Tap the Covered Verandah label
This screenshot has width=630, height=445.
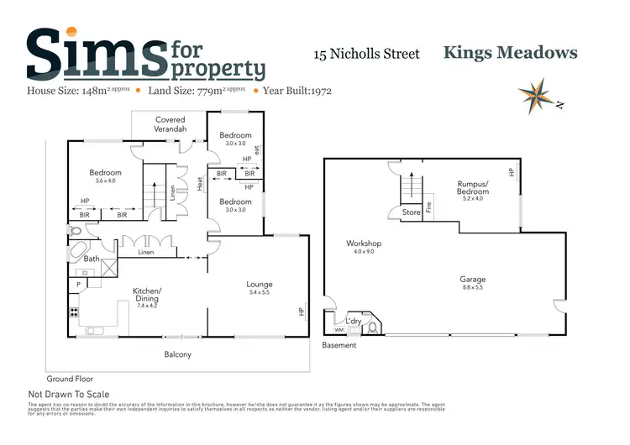tap(171, 125)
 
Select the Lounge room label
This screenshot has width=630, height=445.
tap(259, 285)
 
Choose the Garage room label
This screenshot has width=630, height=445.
tap(472, 280)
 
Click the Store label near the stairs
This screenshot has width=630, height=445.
tap(411, 213)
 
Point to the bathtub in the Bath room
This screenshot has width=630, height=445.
tap(78, 252)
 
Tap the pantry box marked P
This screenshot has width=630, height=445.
tap(79, 285)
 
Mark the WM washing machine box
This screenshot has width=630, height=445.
tap(339, 330)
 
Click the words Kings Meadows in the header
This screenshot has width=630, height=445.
tap(510, 53)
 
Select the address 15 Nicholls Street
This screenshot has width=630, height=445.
tap(366, 55)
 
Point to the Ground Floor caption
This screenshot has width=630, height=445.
tap(70, 379)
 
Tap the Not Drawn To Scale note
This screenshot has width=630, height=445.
tap(69, 394)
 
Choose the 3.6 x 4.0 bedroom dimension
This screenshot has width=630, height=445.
tap(106, 181)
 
